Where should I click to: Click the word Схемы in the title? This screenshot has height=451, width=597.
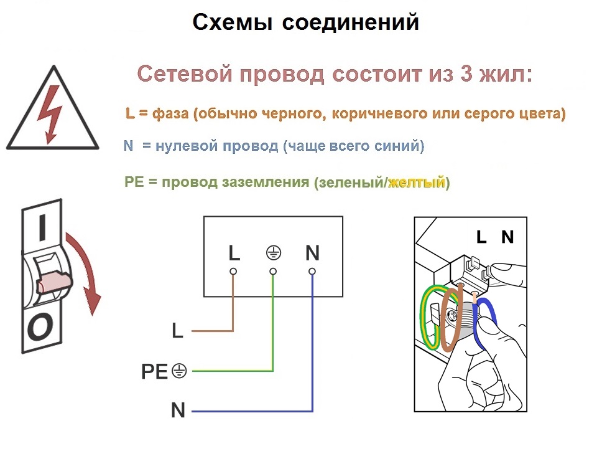pos(233,22)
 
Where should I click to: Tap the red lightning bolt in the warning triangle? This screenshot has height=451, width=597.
pos(50,114)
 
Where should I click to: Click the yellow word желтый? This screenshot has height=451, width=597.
pos(416,183)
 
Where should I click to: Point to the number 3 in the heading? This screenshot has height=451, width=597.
pos(466,74)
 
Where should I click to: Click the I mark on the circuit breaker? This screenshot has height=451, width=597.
pos(43,227)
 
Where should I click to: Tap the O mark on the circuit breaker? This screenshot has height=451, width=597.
pos(40,327)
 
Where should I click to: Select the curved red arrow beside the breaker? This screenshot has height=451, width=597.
pos(90,267)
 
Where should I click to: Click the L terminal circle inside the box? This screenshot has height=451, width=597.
pos(233,272)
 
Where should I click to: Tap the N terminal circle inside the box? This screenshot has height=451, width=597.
pos(312,272)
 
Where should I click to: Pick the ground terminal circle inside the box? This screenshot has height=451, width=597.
pos(273,272)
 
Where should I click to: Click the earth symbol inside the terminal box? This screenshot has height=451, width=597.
pos(274,252)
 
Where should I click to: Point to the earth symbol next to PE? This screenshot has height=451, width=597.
pos(179,371)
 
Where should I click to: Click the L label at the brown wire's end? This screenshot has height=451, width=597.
pos(177,331)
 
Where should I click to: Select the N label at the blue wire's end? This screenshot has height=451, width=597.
pos(178,411)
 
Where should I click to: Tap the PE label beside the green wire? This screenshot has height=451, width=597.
pos(154,371)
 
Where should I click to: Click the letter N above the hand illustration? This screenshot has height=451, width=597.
pos(507,237)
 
